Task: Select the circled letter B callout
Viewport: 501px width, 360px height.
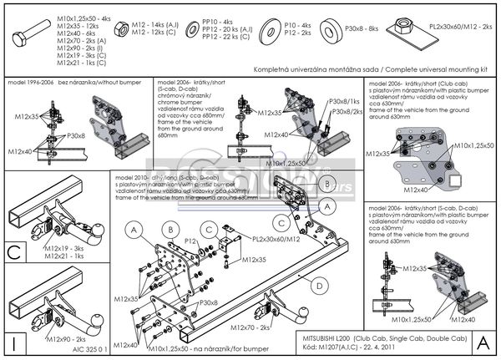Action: [x=169, y=228]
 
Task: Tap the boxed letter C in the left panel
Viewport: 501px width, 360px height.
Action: [x=13, y=251]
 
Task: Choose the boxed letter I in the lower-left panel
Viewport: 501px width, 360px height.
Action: [x=13, y=342]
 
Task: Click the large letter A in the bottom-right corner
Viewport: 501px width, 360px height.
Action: [x=483, y=342]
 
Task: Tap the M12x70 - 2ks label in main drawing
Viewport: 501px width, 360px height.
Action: [x=250, y=328]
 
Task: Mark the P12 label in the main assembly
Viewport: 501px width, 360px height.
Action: [x=190, y=241]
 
